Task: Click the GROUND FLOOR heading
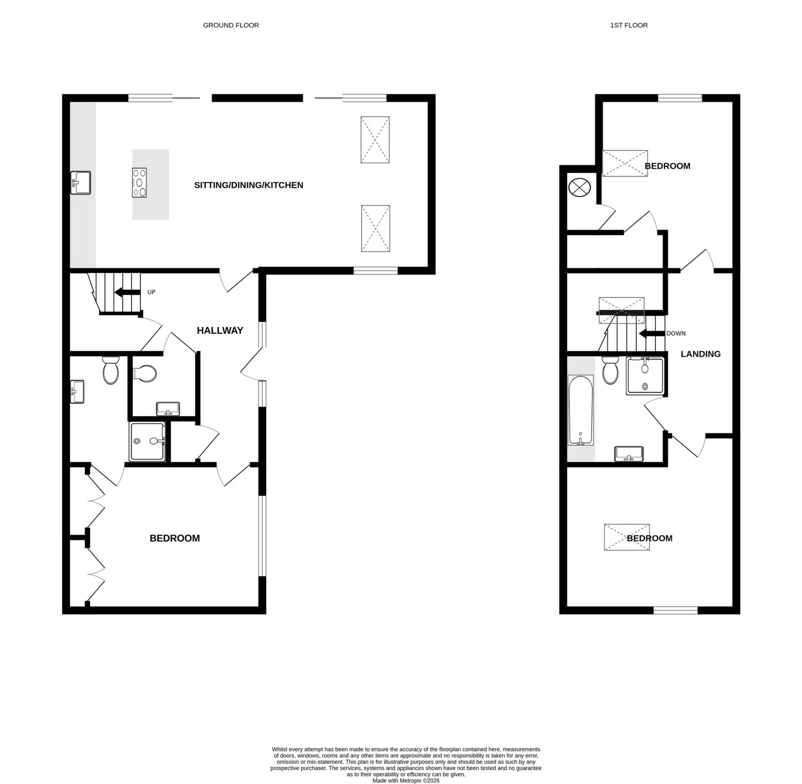click(x=231, y=25)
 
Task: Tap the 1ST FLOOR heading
click(x=629, y=25)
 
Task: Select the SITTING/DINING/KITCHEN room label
click(x=249, y=185)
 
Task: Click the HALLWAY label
click(x=220, y=330)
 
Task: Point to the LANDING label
click(x=700, y=354)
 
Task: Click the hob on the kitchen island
click(x=139, y=182)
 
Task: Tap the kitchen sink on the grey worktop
click(x=80, y=182)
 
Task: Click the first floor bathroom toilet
click(x=610, y=370)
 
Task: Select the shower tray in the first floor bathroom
click(x=645, y=376)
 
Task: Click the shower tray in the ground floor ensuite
click(x=147, y=441)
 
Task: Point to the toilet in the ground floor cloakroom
click(x=144, y=373)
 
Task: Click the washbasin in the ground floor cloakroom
click(x=168, y=409)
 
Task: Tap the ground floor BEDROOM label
click(x=175, y=538)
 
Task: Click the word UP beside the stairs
click(x=151, y=292)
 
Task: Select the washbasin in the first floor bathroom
click(x=629, y=454)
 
